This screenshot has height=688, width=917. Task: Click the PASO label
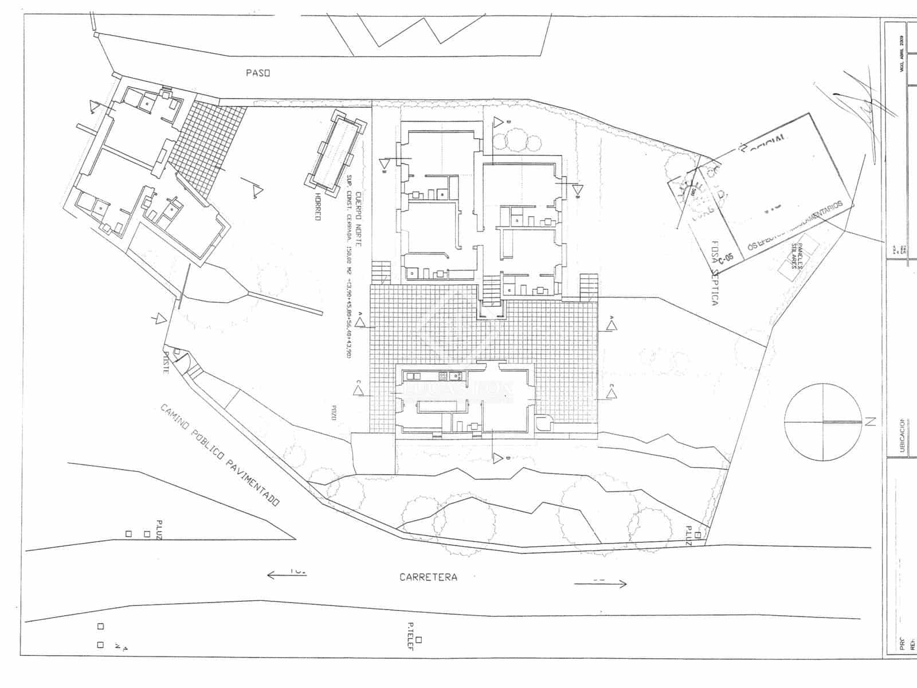pyautogui.click(x=257, y=73)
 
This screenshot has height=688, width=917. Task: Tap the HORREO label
pyautogui.click(x=317, y=207)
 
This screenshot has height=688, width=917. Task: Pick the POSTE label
pyautogui.click(x=165, y=362)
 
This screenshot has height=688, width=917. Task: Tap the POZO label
pyautogui.click(x=333, y=413)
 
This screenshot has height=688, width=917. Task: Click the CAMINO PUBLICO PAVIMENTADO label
pyautogui.click(x=220, y=455)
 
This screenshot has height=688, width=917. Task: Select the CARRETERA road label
pyautogui.click(x=428, y=577)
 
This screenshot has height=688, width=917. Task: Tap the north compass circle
pyautogui.click(x=823, y=423)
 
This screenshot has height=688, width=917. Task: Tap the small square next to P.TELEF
pyautogui.click(x=420, y=639)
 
